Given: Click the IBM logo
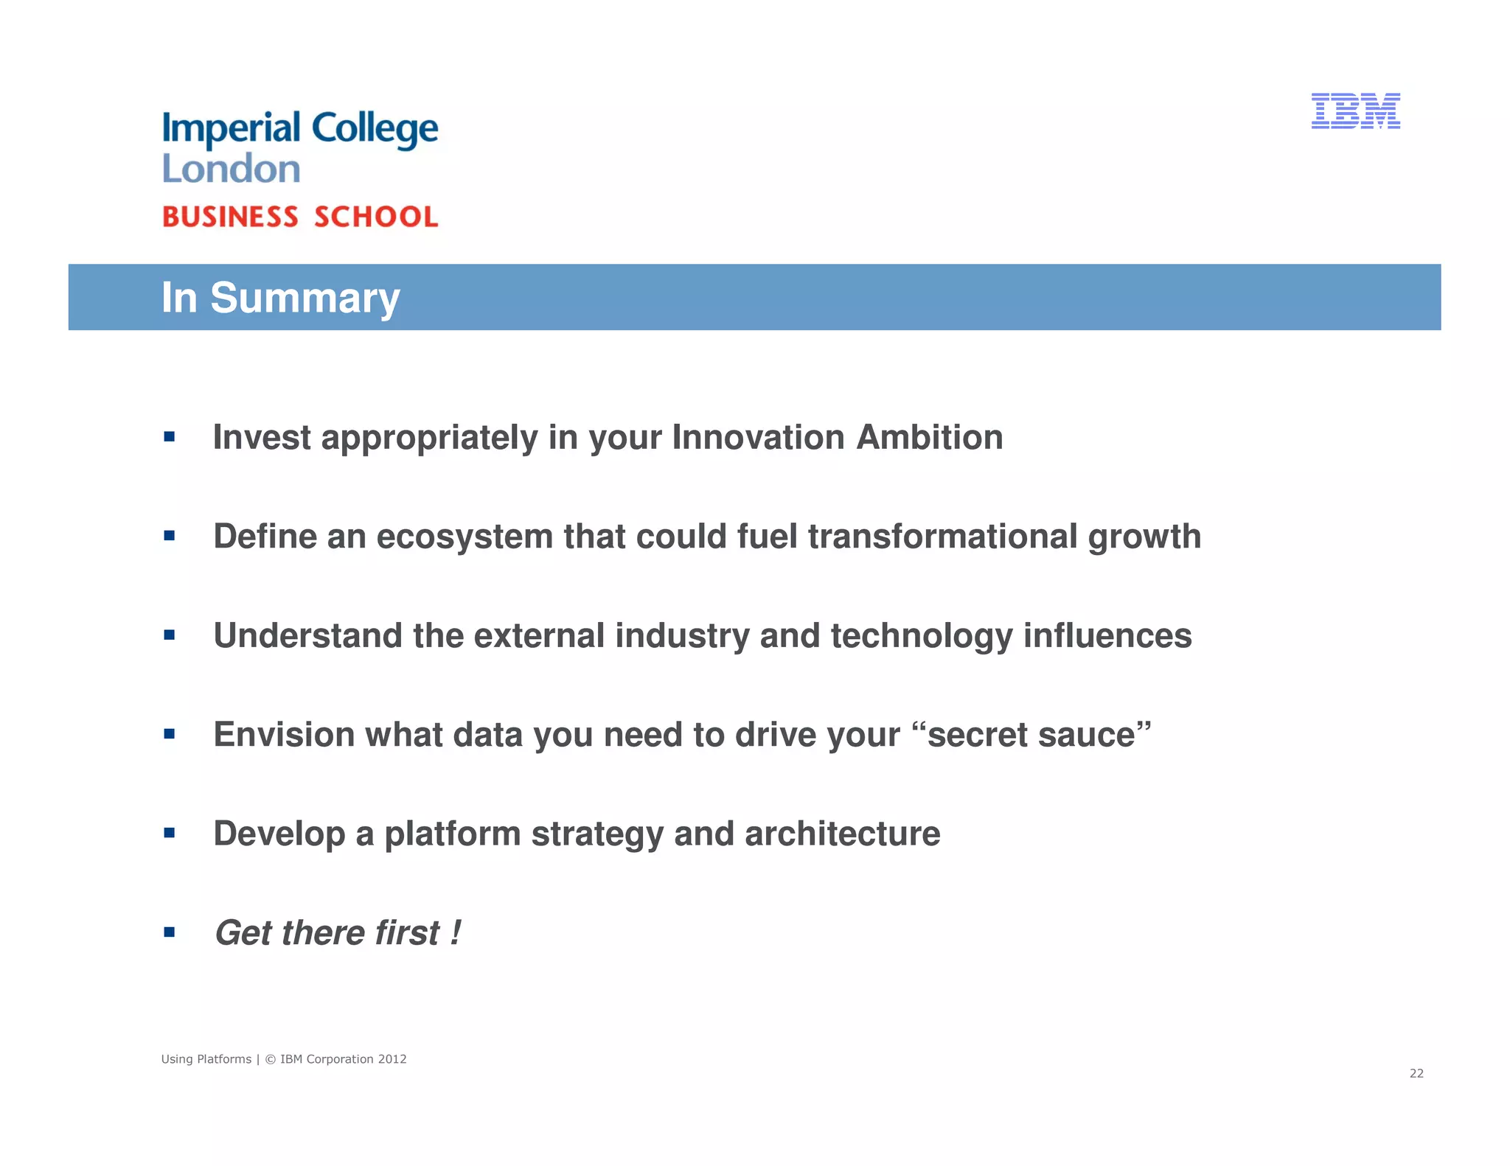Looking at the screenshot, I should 1355,111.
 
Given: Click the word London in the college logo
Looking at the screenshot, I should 231,169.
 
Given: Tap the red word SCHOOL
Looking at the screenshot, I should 376,217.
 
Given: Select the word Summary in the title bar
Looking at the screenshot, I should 305,298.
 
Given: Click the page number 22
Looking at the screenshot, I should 1416,1073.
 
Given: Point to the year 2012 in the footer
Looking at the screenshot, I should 392,1059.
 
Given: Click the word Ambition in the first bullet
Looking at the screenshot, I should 929,437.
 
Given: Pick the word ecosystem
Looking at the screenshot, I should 465,536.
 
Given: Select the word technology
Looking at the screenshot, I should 922,635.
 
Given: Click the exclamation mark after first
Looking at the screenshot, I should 455,932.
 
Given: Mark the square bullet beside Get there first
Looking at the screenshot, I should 170,932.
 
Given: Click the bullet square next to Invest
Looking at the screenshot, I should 170,437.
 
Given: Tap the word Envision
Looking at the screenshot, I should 284,735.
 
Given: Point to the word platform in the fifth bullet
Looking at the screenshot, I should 452,834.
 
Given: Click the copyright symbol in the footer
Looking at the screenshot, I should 270,1059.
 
